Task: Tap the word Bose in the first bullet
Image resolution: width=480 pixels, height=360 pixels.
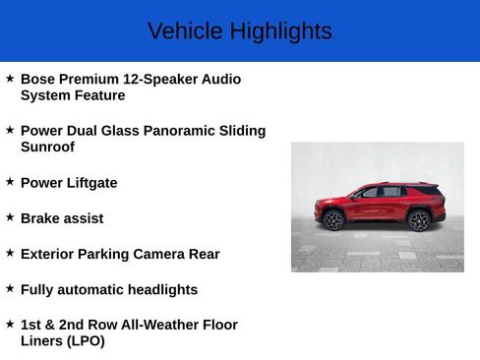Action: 37,79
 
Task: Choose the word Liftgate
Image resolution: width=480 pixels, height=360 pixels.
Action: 90,183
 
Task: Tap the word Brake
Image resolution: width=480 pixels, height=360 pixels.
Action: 40,218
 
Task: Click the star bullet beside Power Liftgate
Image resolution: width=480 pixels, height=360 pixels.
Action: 10,182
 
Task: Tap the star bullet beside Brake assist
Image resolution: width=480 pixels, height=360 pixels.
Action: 10,217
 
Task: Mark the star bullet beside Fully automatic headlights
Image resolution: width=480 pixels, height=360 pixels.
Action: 10,288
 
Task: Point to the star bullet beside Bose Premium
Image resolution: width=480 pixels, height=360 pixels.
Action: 10,78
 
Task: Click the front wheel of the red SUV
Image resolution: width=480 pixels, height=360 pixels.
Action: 334,220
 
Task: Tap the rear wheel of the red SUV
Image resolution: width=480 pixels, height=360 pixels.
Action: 419,219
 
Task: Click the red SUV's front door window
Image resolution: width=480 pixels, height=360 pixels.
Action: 370,193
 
